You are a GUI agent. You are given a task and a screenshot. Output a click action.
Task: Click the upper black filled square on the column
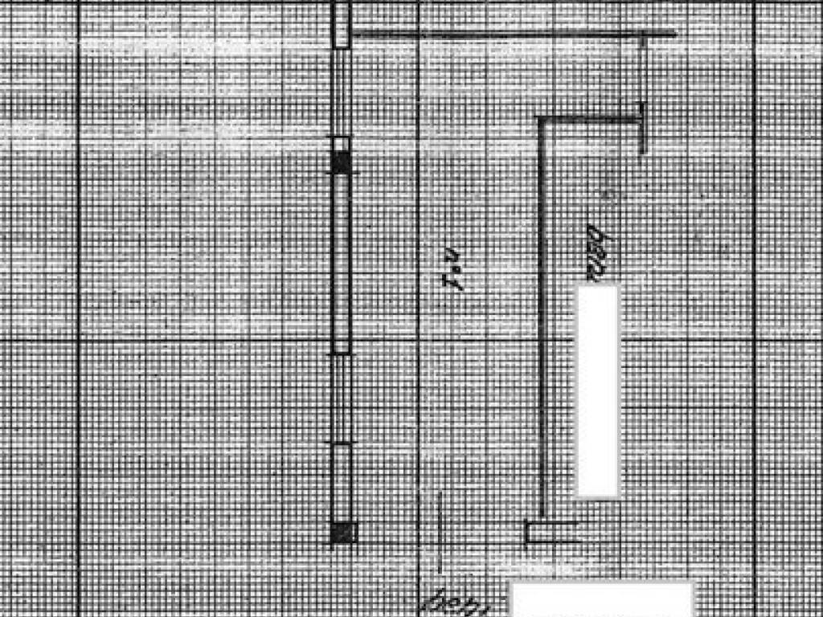pyautogui.click(x=342, y=162)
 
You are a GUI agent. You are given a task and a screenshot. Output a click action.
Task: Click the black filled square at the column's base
pyautogui.click(x=343, y=532)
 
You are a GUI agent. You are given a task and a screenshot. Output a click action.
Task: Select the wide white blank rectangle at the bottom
pyautogui.click(x=603, y=599)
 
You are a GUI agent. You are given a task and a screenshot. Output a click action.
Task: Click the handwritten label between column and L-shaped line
pyautogui.click(x=455, y=272)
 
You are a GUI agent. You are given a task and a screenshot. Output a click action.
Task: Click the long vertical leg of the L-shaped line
pyautogui.click(x=542, y=321)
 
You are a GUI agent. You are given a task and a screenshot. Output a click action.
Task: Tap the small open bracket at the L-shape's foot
pyautogui.click(x=550, y=532)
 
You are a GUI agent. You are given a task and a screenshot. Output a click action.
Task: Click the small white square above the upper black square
pyautogui.click(x=342, y=144)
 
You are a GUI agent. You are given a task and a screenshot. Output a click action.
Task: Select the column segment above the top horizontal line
pyautogui.click(x=342, y=16)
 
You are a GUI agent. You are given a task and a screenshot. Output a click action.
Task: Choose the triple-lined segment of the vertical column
pyautogui.click(x=342, y=398)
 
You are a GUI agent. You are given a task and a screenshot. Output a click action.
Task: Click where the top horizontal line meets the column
pyautogui.click(x=352, y=34)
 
